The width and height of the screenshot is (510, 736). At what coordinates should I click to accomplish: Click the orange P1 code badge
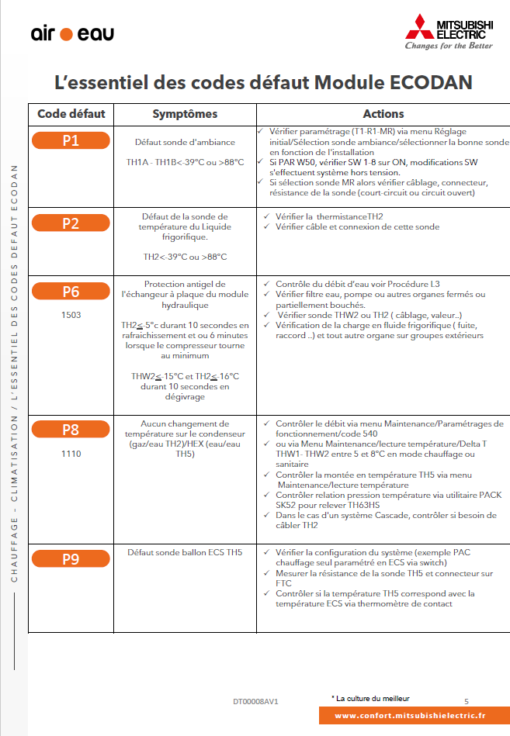71,140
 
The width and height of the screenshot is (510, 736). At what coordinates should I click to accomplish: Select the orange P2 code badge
71,223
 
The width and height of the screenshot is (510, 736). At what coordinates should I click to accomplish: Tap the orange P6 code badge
71,292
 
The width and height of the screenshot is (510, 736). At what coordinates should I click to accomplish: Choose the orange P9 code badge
71,558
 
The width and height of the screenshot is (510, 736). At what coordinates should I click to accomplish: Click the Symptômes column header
185,114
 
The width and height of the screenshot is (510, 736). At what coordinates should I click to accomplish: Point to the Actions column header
383,114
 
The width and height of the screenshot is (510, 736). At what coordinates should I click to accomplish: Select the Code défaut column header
71,114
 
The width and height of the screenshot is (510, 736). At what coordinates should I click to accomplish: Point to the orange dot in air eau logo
66,34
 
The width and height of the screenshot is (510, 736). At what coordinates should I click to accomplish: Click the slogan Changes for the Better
449,46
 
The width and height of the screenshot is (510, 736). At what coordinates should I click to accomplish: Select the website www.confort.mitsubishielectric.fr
410,717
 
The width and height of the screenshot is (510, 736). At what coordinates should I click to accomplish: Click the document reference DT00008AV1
255,701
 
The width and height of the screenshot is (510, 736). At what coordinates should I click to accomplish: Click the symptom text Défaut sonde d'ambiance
185,143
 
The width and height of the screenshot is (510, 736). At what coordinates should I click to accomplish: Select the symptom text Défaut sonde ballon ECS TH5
185,552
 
